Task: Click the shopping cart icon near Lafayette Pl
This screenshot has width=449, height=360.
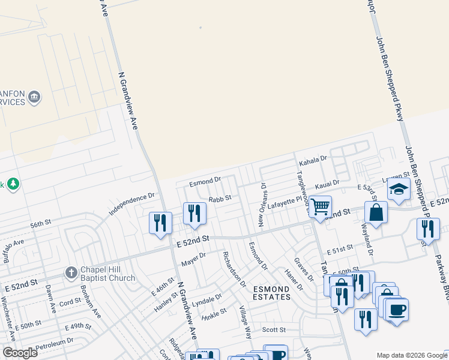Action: pos(321,206)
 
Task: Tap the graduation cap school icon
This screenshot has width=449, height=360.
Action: pos(399,190)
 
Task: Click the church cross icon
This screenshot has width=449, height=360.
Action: pos(71,272)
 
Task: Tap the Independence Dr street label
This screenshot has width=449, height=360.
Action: pos(131,204)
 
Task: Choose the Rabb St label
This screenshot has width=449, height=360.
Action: pos(220,199)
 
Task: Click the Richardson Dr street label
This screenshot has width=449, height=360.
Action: pos(234,269)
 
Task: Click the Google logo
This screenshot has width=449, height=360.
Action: pos(20,352)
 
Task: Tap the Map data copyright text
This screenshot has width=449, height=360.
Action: pos(412,355)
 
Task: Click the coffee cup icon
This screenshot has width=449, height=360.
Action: pos(397,310)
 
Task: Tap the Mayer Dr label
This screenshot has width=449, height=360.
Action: pos(194,259)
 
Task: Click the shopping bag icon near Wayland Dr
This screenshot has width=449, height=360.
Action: pos(375,212)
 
